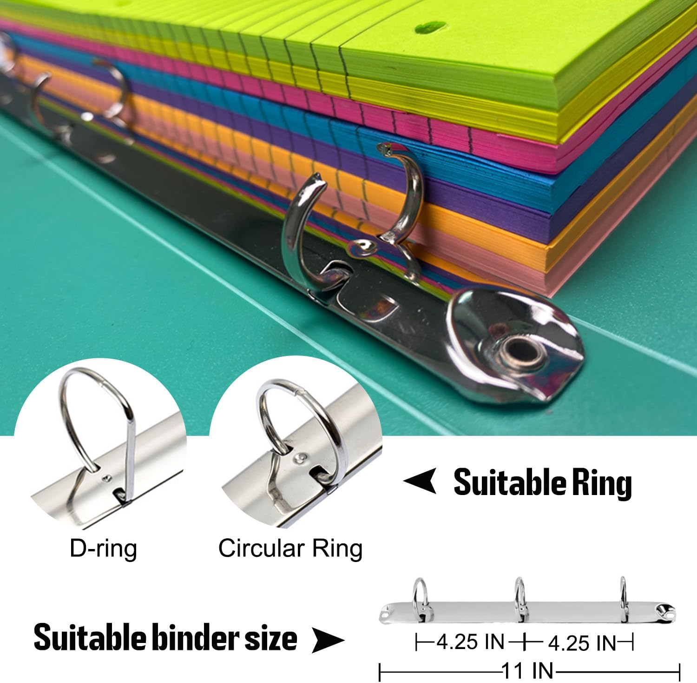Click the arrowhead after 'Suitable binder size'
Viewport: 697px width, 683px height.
click(x=328, y=640)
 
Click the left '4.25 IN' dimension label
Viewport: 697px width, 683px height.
click(x=470, y=643)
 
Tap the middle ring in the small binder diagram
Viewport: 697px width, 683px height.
click(x=519, y=593)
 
